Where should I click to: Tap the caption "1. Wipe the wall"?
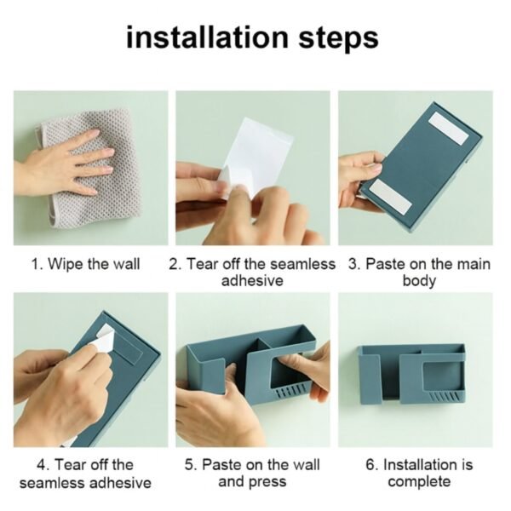pos(86,264)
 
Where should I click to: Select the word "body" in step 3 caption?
pos(419,281)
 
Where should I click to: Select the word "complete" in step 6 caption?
pos(419,483)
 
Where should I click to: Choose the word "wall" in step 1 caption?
pos(126,264)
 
